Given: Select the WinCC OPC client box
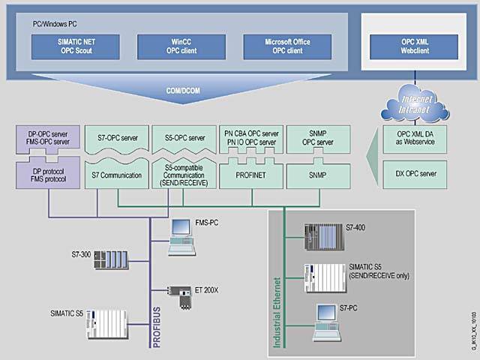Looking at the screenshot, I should point(175,46).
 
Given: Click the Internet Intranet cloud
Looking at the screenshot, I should point(409,102).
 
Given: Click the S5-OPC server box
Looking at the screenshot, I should point(184,138).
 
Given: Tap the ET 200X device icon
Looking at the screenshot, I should point(179,293).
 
